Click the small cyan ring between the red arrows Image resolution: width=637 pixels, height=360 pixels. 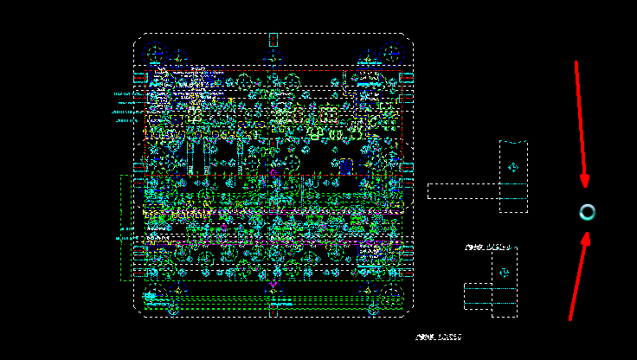[x=588, y=212]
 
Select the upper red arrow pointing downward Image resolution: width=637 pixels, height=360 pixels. [x=581, y=121]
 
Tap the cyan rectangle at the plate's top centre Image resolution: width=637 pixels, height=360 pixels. [x=273, y=39]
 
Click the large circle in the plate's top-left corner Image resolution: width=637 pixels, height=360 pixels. [x=157, y=55]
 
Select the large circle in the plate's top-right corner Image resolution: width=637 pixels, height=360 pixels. [x=392, y=55]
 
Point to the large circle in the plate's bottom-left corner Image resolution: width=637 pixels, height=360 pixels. [x=156, y=294]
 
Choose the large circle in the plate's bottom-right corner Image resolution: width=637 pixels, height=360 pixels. [x=392, y=294]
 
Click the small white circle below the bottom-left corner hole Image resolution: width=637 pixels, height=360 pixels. [x=173, y=309]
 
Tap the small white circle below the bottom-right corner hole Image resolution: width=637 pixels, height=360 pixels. [x=374, y=309]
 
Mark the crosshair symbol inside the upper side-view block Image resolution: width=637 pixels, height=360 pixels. [x=513, y=167]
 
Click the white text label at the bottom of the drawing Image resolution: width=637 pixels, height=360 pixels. [x=438, y=337]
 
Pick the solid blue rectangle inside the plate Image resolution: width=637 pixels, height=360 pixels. [x=346, y=164]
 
